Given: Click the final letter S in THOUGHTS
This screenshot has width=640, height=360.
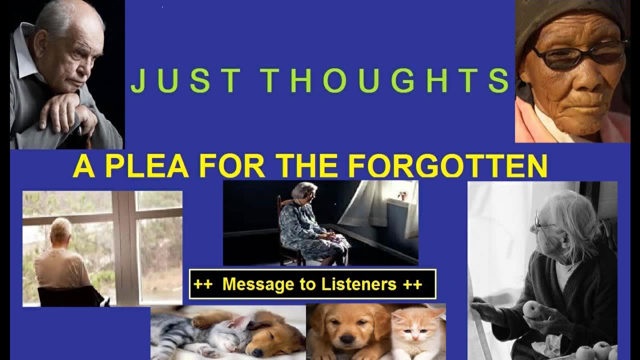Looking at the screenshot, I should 498,81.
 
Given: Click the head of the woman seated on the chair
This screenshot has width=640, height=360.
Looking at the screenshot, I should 305,191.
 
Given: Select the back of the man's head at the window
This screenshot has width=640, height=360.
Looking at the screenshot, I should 61,230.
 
